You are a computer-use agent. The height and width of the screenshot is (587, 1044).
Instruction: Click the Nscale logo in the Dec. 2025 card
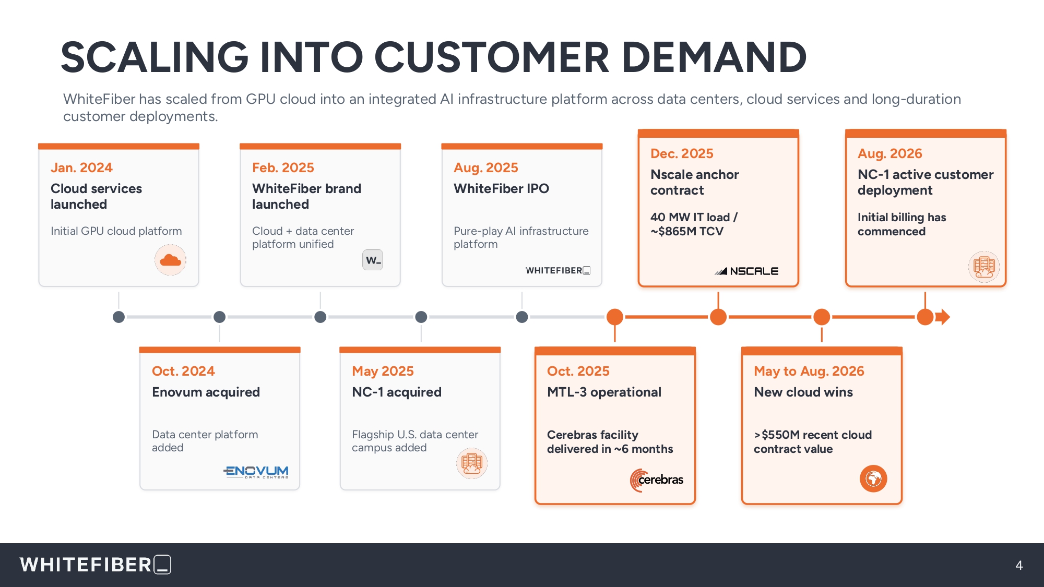tap(746, 271)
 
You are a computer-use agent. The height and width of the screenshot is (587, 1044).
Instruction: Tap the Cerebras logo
tap(657, 480)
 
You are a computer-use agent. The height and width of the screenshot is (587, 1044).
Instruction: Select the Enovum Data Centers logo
tap(256, 472)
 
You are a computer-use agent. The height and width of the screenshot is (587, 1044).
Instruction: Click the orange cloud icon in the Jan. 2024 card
tap(170, 260)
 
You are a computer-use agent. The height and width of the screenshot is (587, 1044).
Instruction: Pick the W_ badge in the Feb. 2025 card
tap(373, 260)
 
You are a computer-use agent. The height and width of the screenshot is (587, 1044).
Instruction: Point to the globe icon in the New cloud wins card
tap(873, 478)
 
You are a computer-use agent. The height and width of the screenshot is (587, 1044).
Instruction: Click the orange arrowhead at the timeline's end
tap(943, 317)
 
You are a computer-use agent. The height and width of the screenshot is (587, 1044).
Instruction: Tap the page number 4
tap(1019, 565)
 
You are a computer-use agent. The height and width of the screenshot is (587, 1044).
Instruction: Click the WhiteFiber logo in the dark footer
tap(96, 565)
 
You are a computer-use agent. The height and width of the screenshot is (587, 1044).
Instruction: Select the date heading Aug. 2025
tap(485, 167)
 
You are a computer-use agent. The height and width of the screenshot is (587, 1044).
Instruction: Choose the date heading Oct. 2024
tap(183, 371)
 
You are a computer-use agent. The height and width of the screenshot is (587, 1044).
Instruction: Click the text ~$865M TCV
tap(687, 231)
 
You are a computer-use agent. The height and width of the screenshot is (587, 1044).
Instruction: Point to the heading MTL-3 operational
tap(604, 392)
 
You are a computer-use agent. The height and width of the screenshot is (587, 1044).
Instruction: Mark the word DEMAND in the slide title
tap(714, 57)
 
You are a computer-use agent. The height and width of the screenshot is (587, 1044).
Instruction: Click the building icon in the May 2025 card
tap(472, 463)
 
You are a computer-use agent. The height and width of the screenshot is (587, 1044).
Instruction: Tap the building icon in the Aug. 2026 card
tap(984, 267)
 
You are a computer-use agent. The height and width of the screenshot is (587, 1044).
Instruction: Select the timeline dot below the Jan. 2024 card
tap(118, 317)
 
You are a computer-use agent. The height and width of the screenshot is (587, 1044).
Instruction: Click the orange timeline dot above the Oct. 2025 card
tap(615, 317)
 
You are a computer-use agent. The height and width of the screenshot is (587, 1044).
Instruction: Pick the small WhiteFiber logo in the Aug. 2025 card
tap(558, 270)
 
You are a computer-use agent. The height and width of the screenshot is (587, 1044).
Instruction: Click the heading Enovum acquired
tap(206, 392)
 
